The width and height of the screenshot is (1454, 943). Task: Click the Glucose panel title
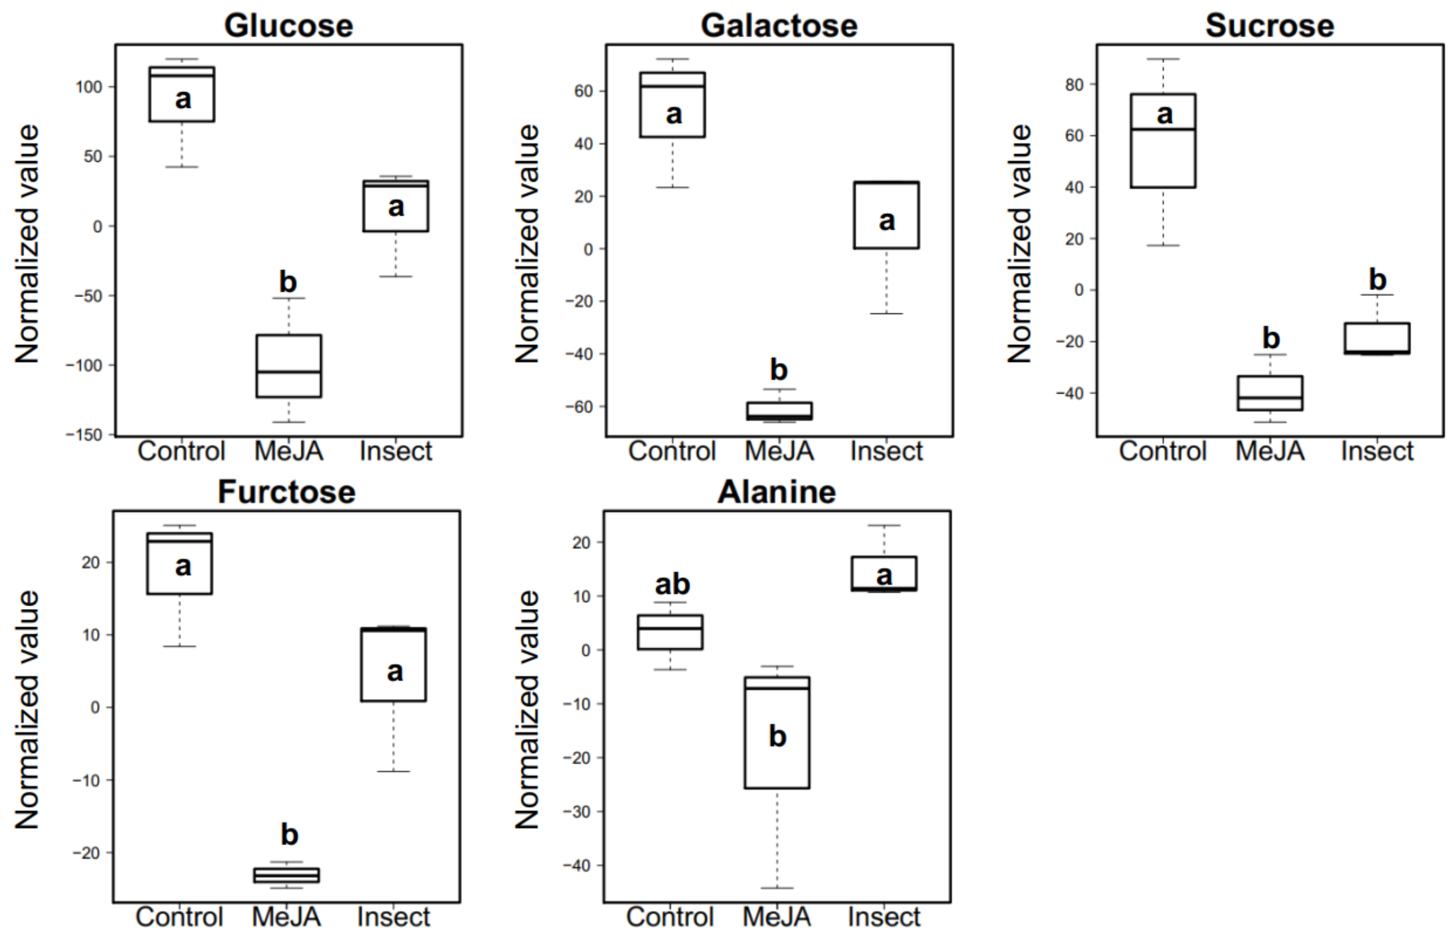[x=288, y=26]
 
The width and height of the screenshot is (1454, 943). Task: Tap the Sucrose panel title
[x=1269, y=26]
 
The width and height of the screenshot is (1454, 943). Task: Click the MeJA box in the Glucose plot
[x=288, y=365]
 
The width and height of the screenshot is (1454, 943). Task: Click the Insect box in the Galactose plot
[x=886, y=215]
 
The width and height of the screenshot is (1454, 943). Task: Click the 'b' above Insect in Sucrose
[x=1377, y=280]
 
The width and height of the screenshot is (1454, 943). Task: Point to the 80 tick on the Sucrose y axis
[x=1073, y=84]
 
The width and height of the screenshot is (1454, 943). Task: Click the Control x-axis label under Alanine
[x=670, y=917]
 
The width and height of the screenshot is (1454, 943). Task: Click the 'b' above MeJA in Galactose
[x=778, y=370]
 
